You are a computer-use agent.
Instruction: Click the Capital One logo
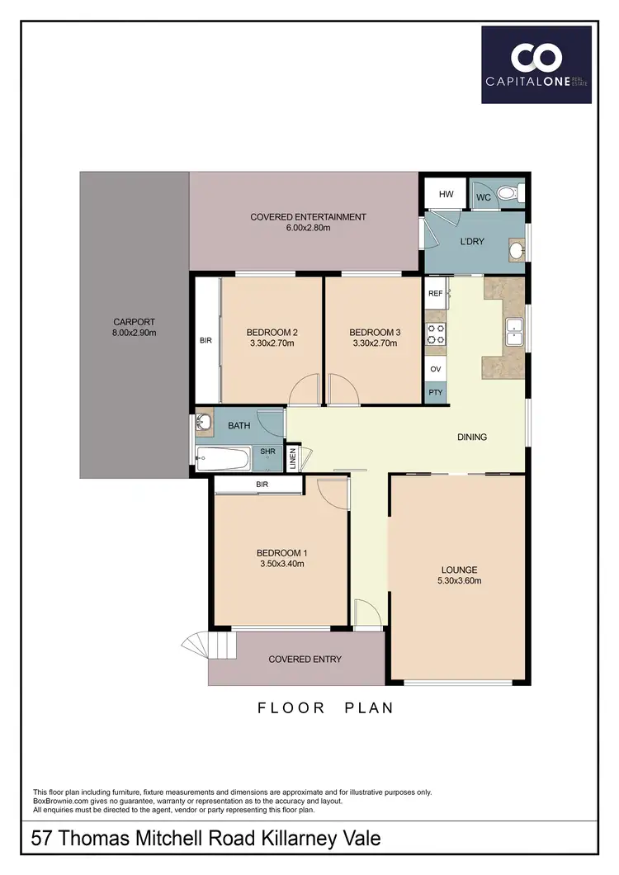tap(536, 64)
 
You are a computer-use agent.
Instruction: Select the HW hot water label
tap(447, 195)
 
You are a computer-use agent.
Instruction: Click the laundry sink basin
tap(517, 248)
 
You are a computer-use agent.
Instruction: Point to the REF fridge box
tap(436, 293)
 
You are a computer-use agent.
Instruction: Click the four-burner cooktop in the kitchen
tap(436, 333)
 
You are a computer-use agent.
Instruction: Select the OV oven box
tap(436, 369)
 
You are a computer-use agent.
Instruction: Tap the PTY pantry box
tap(436, 393)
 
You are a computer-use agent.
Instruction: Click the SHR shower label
tap(267, 452)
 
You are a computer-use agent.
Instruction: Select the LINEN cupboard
tap(292, 458)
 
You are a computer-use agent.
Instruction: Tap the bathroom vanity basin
tap(205, 423)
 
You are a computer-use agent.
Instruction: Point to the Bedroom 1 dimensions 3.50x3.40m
tap(281, 565)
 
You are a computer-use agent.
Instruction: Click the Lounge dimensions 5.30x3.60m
tap(459, 581)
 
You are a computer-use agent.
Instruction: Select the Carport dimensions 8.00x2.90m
tap(135, 333)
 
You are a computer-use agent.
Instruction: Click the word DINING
tap(472, 437)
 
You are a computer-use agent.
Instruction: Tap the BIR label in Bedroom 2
tap(206, 339)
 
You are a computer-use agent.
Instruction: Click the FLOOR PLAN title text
tap(325, 707)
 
